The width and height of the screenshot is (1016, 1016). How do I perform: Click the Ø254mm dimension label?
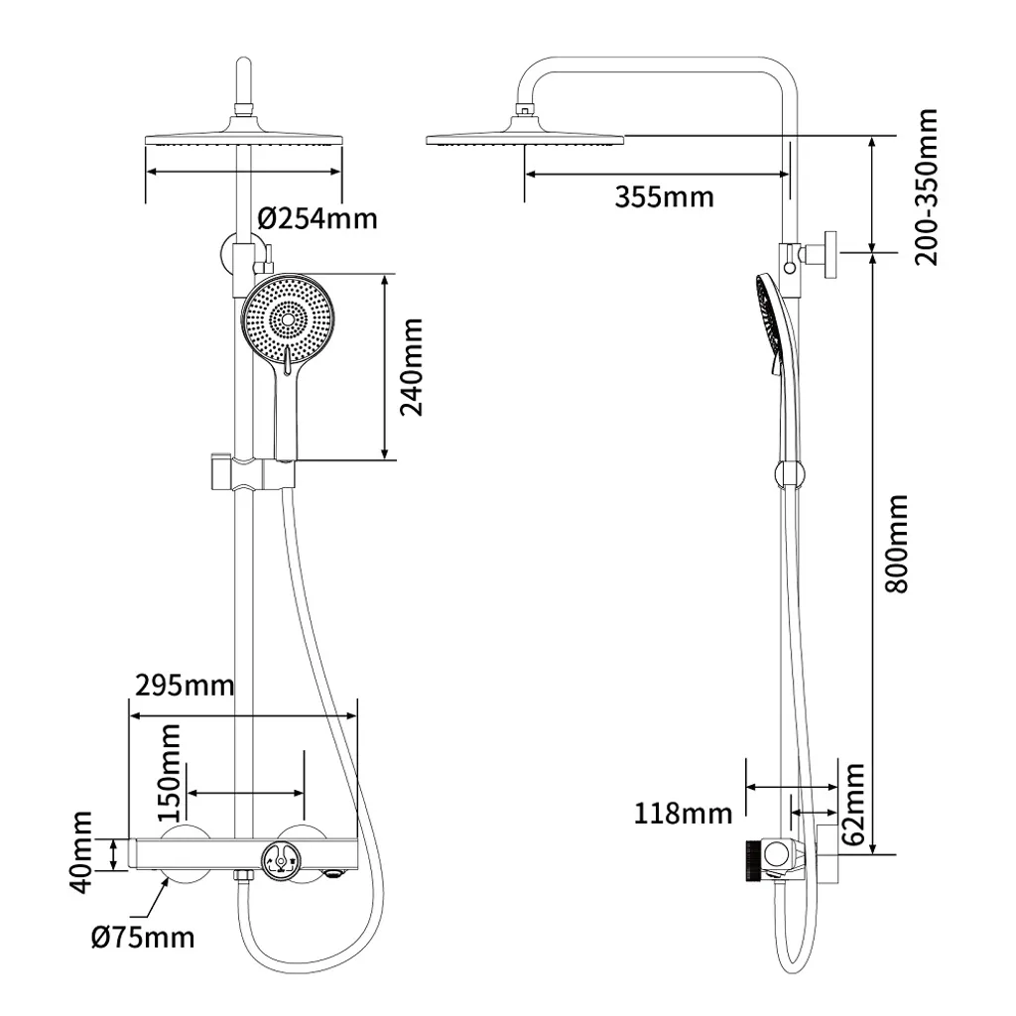click(317, 217)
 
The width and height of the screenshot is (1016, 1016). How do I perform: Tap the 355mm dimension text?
click(664, 196)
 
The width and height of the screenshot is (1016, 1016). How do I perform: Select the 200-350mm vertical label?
click(926, 187)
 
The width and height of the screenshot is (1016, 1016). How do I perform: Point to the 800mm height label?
click(896, 543)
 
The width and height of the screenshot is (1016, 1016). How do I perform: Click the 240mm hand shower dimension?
click(411, 367)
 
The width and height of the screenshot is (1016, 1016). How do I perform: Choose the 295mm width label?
click(184, 685)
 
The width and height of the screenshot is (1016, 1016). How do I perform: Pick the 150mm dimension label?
click(170, 767)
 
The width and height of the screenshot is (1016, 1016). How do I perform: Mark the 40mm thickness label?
click(81, 853)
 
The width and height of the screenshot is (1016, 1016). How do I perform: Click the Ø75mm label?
click(145, 936)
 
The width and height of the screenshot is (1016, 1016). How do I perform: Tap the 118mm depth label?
click(683, 815)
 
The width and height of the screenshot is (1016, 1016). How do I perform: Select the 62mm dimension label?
click(852, 804)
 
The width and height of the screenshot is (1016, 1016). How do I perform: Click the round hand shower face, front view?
click(288, 318)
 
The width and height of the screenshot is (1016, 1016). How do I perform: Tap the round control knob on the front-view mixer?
click(279, 860)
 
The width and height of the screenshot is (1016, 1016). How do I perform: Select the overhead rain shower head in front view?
click(244, 140)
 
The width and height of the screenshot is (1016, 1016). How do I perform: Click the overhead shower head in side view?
click(524, 138)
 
